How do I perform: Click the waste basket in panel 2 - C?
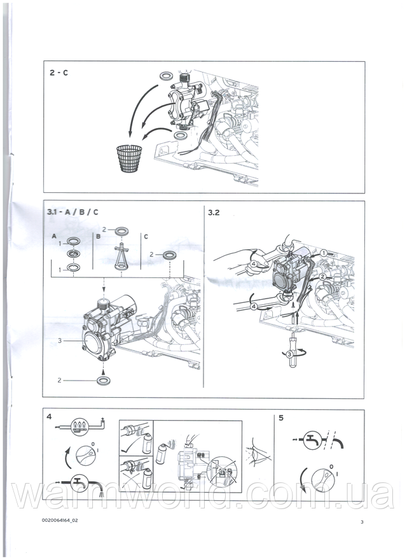coord(130,159)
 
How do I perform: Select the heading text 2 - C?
coord(59,73)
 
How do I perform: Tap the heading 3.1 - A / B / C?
coord(73,212)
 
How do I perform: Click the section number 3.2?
coord(214,213)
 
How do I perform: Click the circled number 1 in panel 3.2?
coord(323,253)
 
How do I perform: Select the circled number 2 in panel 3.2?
coord(322,276)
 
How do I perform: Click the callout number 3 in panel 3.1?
coord(60,340)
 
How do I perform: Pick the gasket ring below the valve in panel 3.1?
coord(103,381)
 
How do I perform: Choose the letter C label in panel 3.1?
coord(146,237)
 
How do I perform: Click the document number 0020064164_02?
coord(60,521)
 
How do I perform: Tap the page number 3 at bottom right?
coord(362,522)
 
